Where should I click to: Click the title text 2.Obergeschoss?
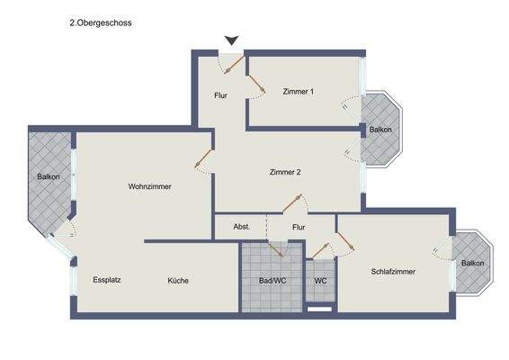click(101, 25)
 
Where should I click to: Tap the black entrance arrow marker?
click(232, 40)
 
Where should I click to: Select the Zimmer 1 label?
click(299, 92)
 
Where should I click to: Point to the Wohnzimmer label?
click(149, 186)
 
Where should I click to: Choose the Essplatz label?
click(107, 280)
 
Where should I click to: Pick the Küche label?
click(178, 281)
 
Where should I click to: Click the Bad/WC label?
click(272, 281)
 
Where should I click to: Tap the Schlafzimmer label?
click(392, 271)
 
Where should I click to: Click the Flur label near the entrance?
click(221, 94)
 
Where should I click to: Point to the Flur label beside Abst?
click(299, 227)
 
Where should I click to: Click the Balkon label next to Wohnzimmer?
click(49, 176)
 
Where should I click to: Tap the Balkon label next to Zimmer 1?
click(380, 130)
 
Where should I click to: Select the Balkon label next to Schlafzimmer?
click(472, 263)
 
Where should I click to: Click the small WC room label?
click(320, 281)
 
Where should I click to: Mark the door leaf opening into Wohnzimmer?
click(202, 160)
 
